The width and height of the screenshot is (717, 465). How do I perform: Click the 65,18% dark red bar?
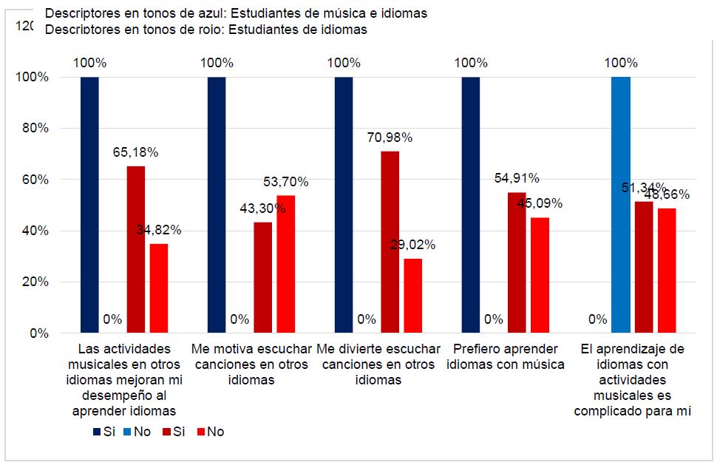click(136, 250)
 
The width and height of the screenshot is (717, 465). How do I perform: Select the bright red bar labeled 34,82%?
click(159, 288)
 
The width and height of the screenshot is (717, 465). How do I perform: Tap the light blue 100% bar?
click(621, 205)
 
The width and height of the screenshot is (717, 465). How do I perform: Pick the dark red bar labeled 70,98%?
click(390, 242)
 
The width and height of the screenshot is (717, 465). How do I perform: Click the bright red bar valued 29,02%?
click(413, 296)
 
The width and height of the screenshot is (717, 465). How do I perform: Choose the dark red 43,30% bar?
click(263, 278)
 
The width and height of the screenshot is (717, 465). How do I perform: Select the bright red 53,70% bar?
click(286, 265)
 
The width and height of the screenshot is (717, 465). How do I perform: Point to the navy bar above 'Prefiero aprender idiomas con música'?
click(471, 205)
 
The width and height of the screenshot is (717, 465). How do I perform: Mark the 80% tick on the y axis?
click(33, 128)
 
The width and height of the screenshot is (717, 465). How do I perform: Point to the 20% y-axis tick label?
click(33, 282)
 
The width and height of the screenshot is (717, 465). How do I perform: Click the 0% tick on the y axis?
click(37, 333)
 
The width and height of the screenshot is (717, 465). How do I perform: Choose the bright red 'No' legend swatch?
click(200, 432)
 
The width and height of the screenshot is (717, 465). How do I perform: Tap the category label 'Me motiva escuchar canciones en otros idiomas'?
click(251, 364)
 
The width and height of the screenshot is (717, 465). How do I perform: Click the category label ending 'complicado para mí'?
click(633, 380)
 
